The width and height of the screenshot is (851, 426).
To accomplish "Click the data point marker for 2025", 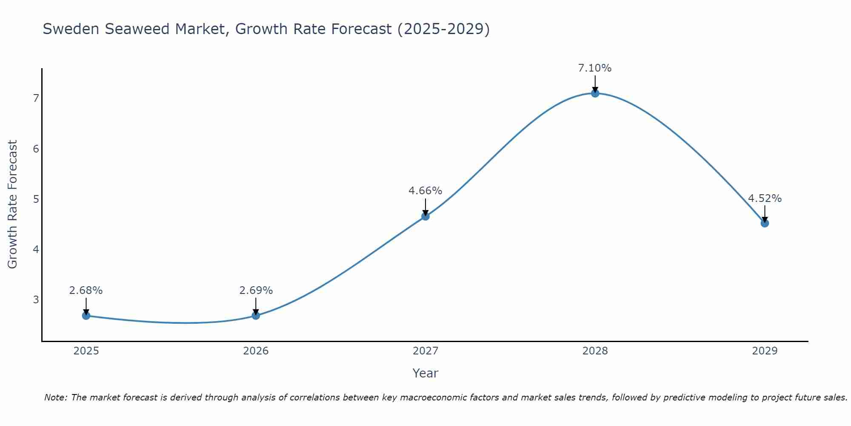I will click(x=86, y=316).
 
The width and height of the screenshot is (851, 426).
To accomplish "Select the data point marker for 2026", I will click(x=256, y=316).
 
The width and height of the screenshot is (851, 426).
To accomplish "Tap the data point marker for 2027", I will click(x=425, y=216).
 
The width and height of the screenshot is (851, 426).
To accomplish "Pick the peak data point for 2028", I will click(x=595, y=93).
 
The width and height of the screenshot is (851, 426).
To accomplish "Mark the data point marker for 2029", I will click(x=765, y=223).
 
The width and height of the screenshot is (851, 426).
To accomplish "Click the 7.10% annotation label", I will click(x=595, y=68).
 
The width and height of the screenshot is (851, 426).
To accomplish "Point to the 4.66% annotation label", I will click(x=425, y=191).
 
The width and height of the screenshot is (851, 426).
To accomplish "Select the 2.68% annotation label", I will click(x=86, y=291).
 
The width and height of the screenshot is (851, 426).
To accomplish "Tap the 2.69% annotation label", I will click(x=256, y=291).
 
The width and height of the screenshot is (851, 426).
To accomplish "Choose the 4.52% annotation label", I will click(x=765, y=199).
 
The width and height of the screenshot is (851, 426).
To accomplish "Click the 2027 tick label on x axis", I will click(x=425, y=351).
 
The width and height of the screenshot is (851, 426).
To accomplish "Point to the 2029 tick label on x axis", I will click(x=765, y=351).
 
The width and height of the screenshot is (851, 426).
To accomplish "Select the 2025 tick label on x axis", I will click(x=86, y=351).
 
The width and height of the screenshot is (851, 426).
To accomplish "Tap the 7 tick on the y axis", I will click(x=36, y=98).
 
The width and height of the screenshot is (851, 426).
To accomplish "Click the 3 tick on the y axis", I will click(x=36, y=299).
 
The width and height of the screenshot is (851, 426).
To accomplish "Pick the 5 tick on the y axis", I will click(x=36, y=199).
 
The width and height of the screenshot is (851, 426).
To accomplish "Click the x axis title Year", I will click(x=425, y=373).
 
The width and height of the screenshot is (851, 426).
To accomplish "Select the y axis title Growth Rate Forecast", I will click(x=13, y=204).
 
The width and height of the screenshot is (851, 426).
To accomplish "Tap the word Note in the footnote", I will click(x=55, y=397).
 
